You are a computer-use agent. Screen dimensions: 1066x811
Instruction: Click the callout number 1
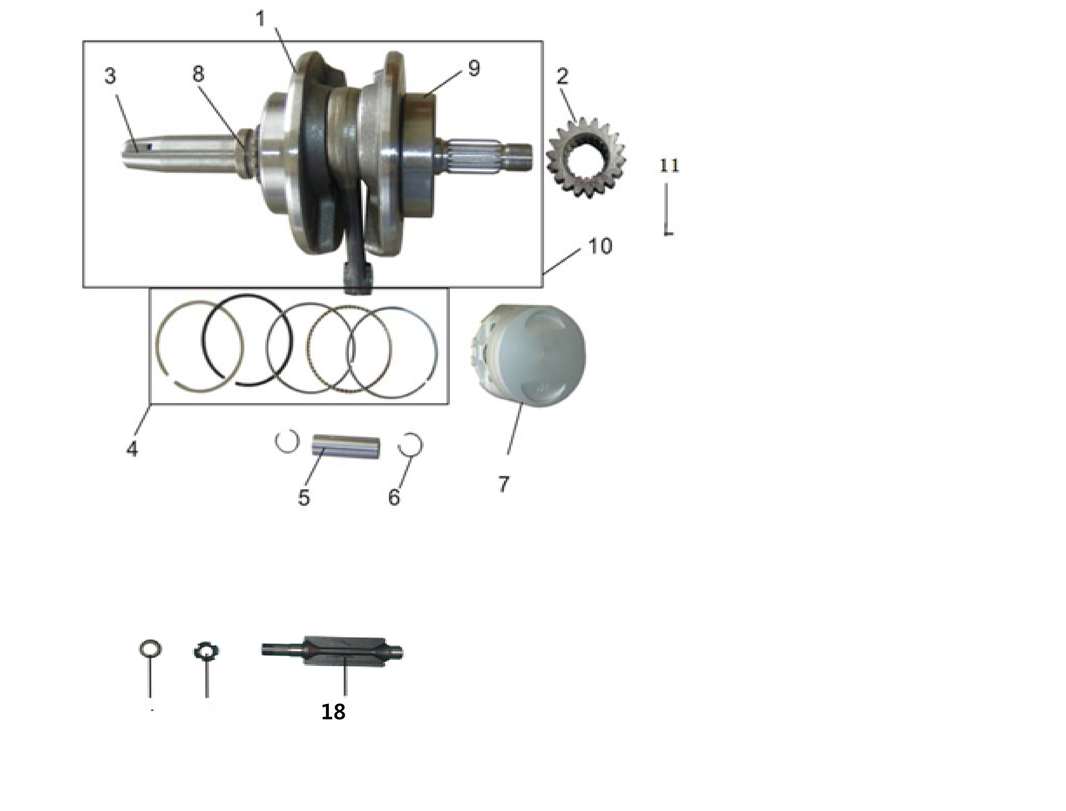[260, 19]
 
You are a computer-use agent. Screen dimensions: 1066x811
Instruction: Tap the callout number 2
[562, 76]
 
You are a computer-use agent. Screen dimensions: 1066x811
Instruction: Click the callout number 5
[304, 497]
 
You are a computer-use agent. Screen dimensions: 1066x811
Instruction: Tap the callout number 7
[504, 484]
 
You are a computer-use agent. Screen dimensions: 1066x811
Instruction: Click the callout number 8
[198, 74]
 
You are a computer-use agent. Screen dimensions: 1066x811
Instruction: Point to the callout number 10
[600, 246]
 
